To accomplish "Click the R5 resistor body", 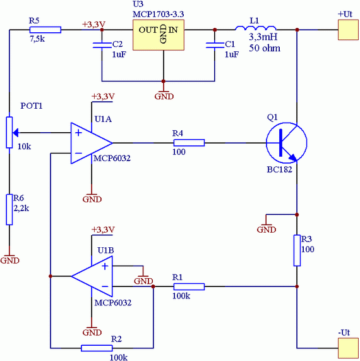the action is (45, 30).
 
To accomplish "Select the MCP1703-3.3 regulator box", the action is (159, 35).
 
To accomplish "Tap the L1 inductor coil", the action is (255, 28).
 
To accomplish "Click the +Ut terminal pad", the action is (348, 30).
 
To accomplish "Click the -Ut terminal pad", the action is (348, 348).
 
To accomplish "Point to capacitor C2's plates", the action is (102, 45).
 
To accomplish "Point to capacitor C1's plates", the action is (215, 45).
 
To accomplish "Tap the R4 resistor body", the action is (189, 143).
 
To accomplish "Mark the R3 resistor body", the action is (297, 250).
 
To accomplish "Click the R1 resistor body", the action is (189, 286).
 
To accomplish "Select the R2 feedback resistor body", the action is (97, 348).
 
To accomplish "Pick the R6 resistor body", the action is (9, 209).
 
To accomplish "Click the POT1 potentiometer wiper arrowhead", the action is (16, 133).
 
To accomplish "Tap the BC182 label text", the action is (280, 169).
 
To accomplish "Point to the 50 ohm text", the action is (265, 48).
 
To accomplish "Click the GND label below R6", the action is (9, 260).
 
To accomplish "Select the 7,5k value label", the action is (37, 39).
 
